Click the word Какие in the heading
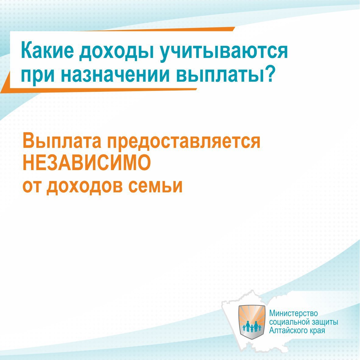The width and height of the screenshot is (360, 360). (48, 51)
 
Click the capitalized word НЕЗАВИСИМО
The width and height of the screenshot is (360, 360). (87, 163)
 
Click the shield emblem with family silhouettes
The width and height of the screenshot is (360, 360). (252, 322)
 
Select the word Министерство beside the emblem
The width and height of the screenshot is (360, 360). (293, 313)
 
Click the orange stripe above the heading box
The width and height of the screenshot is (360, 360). (161, 29)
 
